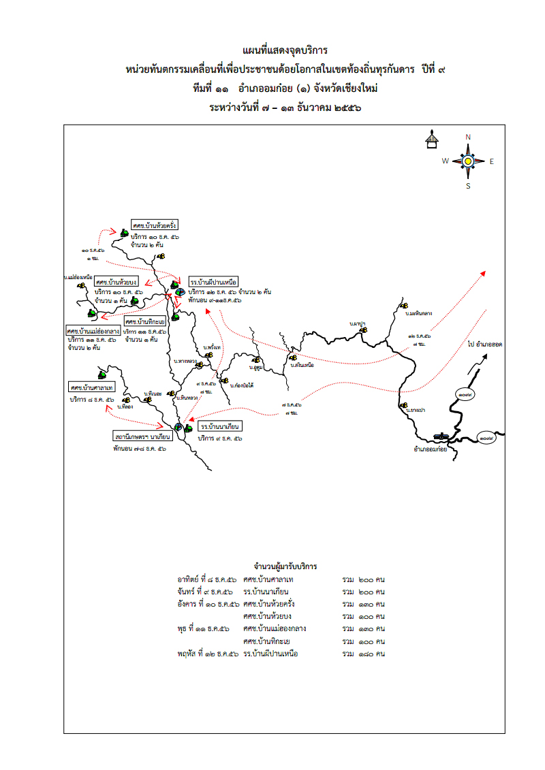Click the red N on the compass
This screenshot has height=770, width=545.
(468, 137)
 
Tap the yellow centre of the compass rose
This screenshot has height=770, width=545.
(468, 161)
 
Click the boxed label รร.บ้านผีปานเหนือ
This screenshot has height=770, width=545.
(214, 281)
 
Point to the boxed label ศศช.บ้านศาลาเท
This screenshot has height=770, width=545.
(91, 387)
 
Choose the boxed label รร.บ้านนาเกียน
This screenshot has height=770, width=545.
(220, 427)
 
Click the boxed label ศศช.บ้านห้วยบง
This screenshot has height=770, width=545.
(116, 282)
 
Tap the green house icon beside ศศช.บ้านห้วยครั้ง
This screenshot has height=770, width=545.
(124, 232)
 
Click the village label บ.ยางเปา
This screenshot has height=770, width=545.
(414, 411)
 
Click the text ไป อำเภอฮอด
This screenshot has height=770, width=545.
(485, 345)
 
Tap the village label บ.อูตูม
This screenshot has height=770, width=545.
(256, 368)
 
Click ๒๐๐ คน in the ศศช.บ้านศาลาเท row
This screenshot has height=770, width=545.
(373, 579)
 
